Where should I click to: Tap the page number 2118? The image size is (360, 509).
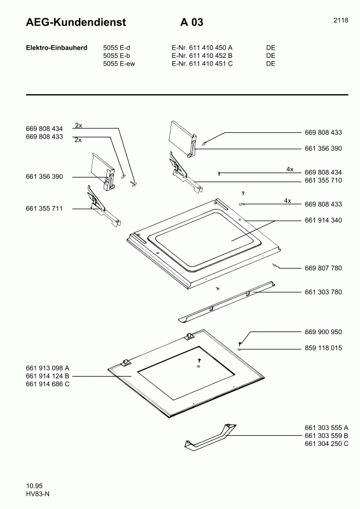pyautogui.click(x=340, y=20)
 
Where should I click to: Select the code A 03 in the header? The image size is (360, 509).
pyautogui.click(x=191, y=22)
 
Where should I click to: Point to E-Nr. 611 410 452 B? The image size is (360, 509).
pyautogui.click(x=202, y=55)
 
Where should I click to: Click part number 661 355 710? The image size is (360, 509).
pyautogui.click(x=323, y=181)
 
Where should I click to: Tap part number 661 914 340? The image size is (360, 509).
pyautogui.click(x=323, y=220)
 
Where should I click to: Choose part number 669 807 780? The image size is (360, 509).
pyautogui.click(x=323, y=268)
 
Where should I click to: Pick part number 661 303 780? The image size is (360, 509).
pyautogui.click(x=323, y=292)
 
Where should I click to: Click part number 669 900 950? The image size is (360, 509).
pyautogui.click(x=323, y=332)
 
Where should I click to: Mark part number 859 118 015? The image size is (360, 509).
pyautogui.click(x=323, y=348)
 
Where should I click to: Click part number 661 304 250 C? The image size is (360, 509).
pyautogui.click(x=326, y=443)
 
